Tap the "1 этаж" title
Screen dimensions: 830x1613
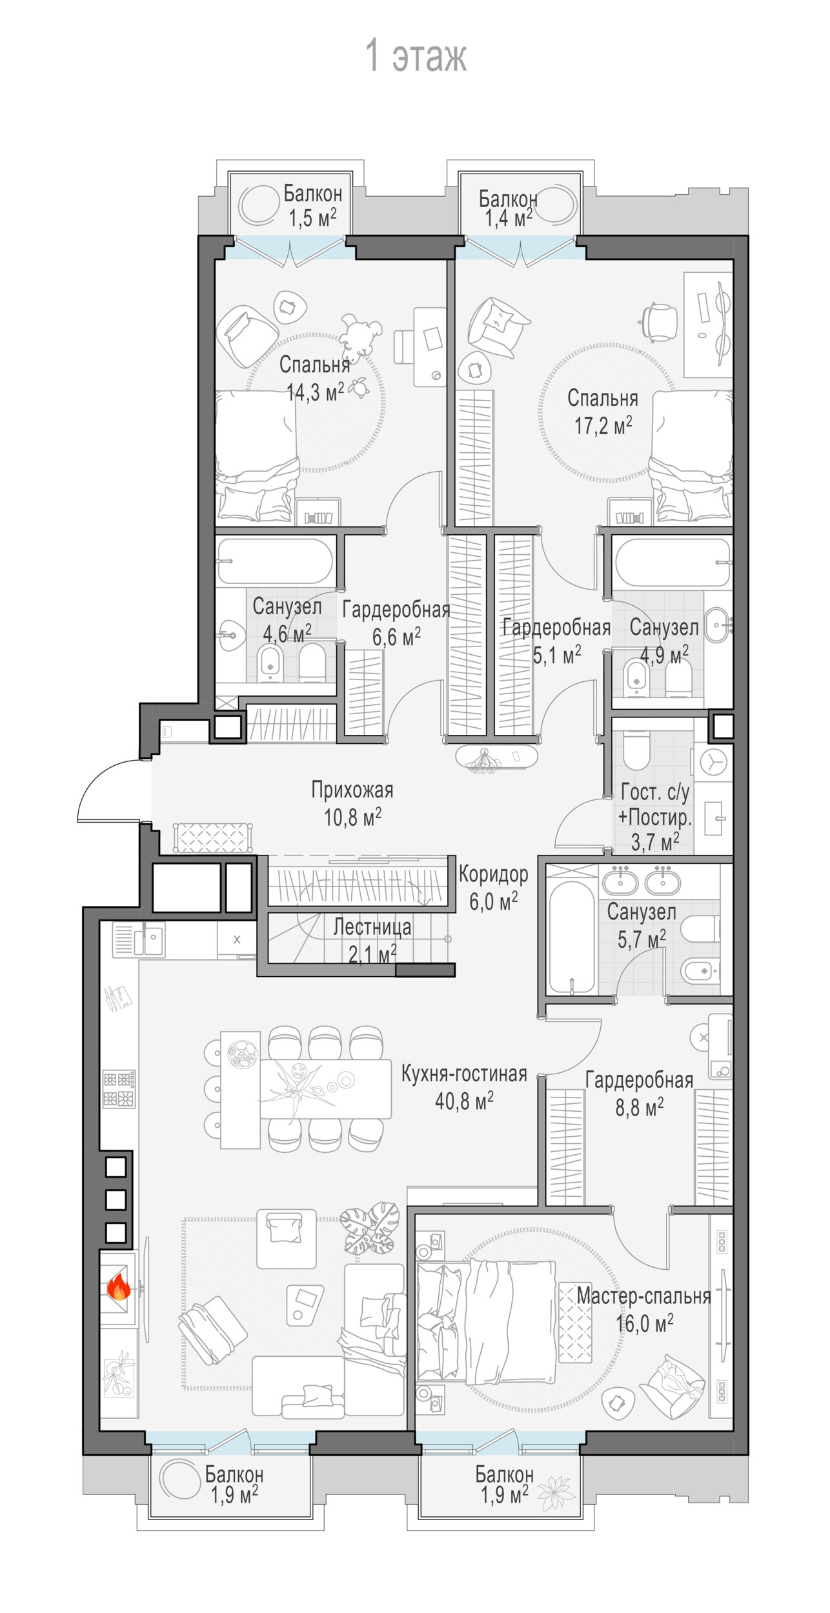pos(416,55)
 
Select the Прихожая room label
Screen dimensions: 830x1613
pos(352,790)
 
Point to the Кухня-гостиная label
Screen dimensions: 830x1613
pos(464,1074)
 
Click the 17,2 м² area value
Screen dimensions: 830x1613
pos(603,426)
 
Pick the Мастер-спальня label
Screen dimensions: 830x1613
pos(643,1296)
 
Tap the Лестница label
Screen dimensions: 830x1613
pos(372,927)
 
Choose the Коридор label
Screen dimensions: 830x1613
pos(494,874)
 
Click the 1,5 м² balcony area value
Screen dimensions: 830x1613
pos(312,218)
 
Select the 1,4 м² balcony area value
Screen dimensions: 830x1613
pos(509,218)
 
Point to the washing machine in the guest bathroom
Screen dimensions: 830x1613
pos(713,762)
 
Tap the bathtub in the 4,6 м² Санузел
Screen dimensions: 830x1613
pos(276,561)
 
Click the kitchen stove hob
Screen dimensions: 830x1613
pos(119,1089)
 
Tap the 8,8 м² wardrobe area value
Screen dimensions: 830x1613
pos(639,1108)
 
